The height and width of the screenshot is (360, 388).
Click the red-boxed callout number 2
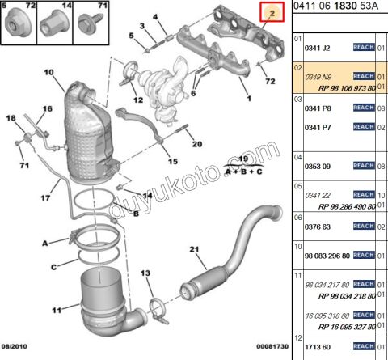point(271,13)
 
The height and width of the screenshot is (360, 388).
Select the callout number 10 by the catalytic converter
point(48,74)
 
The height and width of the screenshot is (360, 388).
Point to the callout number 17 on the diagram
point(45,195)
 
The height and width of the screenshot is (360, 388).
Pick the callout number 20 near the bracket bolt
point(197,145)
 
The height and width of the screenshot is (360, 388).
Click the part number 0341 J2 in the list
point(316,38)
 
